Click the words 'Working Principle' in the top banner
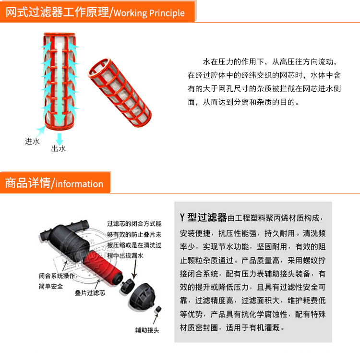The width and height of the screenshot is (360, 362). pos(149,13)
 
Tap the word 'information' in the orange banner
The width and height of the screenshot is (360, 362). pos(79,184)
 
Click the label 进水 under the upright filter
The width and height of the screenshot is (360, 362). pos(32,141)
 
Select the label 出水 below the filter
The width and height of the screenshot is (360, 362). pos(59,149)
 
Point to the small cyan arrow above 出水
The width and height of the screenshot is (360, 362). pos(60,139)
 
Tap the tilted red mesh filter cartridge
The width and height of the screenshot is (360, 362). pos(120,92)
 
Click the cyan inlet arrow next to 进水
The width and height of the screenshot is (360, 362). pos(41,131)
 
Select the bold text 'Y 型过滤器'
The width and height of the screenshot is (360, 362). pos(204,217)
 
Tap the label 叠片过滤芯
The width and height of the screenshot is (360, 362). pos(90,293)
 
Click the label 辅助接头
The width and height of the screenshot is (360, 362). pos(147,330)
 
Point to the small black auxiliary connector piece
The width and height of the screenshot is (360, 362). pos(158,309)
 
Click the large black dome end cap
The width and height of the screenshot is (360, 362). pos(142,295)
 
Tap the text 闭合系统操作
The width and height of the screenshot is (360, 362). pos(57,276)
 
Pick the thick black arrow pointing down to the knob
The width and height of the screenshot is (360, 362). pos(135,269)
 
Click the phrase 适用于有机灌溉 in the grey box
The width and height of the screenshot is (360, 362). pos(252,327)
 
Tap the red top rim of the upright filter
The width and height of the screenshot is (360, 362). pos(60,35)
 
